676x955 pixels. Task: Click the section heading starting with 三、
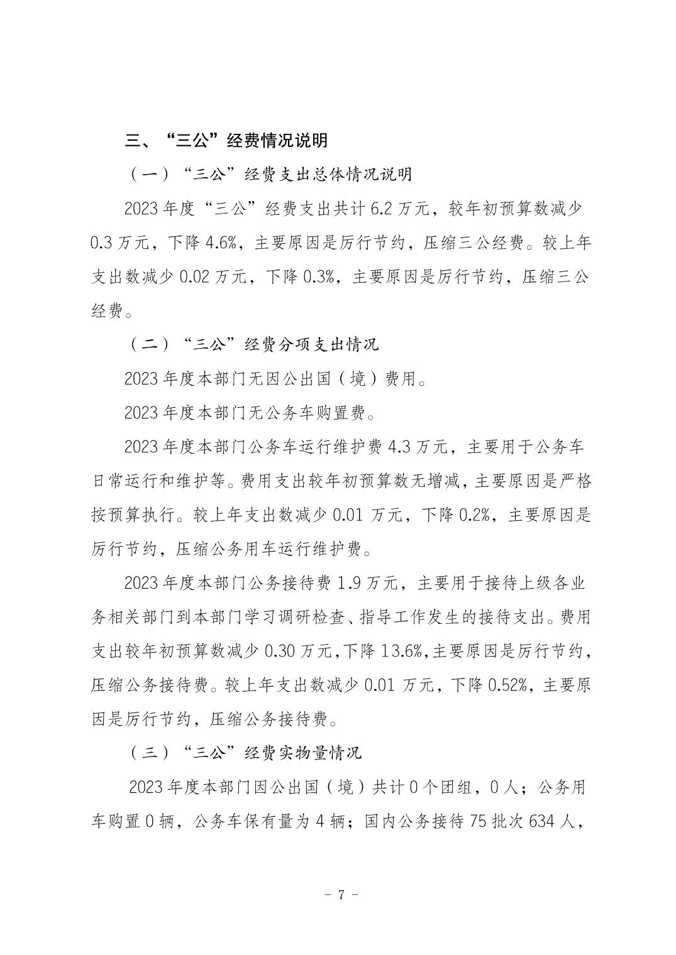(x=226, y=140)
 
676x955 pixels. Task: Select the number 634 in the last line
(x=545, y=821)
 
